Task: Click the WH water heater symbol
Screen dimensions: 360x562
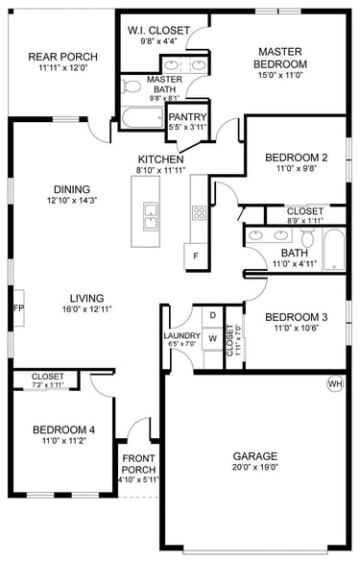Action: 335,384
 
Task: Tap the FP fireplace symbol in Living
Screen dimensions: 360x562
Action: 18,307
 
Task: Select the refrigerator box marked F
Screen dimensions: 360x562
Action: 196,257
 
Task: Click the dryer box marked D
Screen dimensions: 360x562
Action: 213,315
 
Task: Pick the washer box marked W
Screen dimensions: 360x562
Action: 213,338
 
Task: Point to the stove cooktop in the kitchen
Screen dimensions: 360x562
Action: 199,212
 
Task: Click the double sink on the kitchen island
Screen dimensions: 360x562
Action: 151,216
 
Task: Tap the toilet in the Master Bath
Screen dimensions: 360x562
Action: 131,86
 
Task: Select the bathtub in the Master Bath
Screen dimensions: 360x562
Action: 143,117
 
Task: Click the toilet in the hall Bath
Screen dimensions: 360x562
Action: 307,236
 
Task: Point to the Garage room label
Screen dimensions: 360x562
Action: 255,456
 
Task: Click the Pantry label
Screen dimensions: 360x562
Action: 188,117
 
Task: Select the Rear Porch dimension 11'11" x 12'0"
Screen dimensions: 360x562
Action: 63,68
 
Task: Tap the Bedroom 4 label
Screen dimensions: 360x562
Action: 63,429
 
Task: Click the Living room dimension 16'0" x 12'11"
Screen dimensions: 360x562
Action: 87,309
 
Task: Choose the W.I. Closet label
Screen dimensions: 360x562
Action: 158,30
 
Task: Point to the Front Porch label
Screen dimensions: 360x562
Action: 138,464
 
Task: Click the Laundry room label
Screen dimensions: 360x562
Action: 182,336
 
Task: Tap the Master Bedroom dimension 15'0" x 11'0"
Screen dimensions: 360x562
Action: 280,75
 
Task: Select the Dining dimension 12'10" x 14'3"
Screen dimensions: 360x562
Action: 72,201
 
